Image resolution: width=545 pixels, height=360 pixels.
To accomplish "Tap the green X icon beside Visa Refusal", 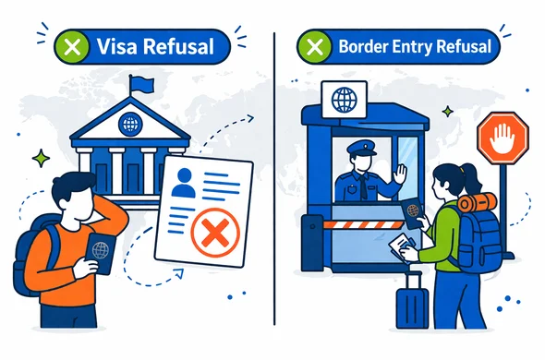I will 68,44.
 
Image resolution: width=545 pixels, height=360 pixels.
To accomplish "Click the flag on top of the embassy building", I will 140,84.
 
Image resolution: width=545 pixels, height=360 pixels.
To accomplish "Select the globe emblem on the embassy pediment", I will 130,119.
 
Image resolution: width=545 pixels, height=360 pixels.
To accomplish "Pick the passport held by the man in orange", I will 99,252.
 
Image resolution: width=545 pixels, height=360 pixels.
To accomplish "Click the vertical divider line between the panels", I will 275,185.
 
